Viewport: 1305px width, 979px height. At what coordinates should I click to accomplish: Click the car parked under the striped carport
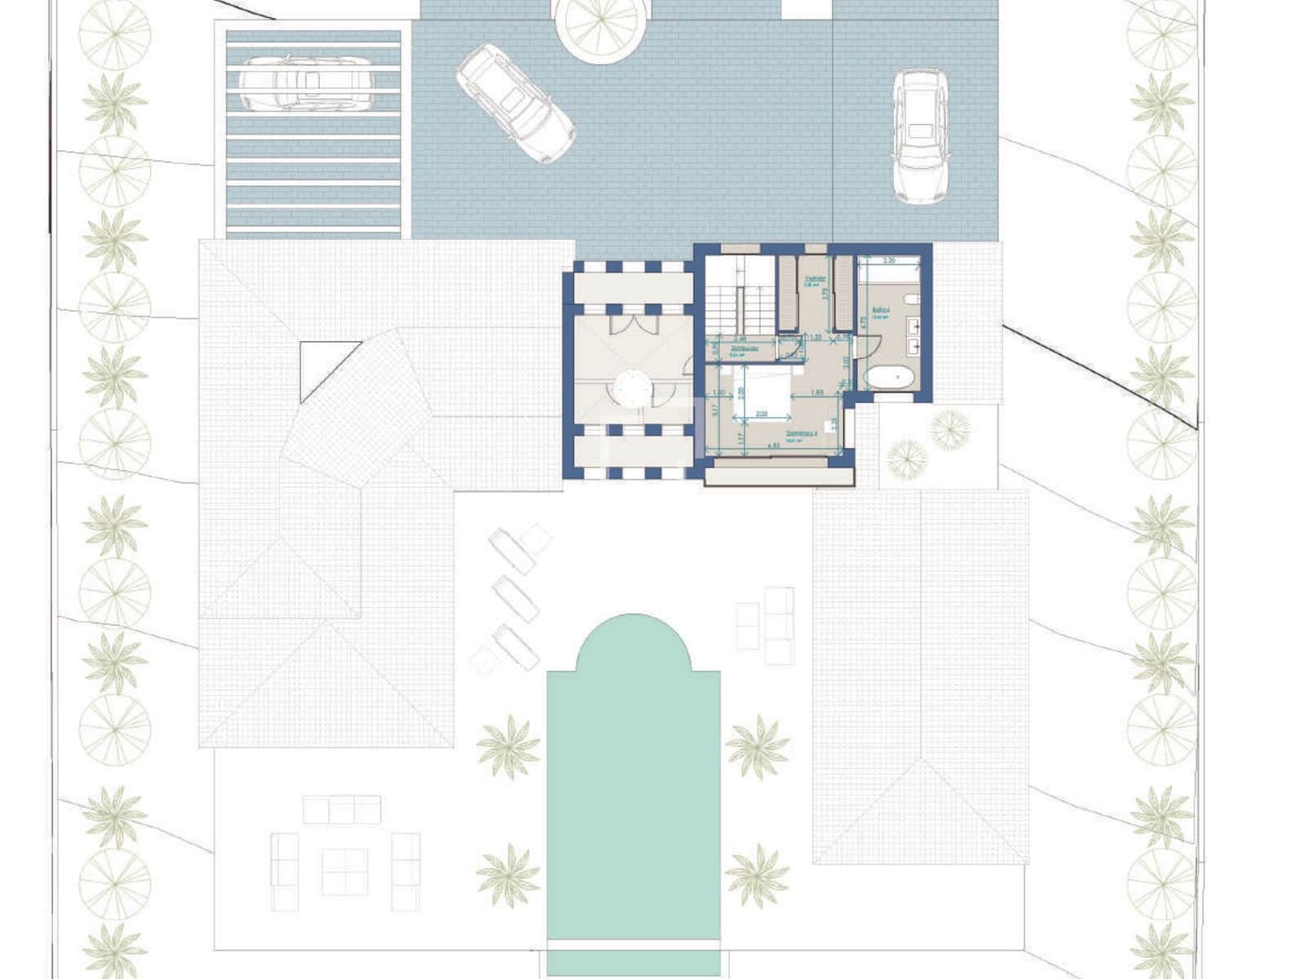point(306,82)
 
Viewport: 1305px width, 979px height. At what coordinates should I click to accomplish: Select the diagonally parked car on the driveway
point(515,103)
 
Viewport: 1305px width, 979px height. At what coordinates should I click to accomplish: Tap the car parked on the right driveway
point(920,135)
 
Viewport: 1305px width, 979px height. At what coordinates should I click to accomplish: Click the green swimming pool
point(634,783)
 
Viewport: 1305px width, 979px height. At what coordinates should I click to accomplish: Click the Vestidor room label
point(815,279)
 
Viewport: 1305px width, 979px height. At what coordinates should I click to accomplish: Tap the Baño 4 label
point(879,310)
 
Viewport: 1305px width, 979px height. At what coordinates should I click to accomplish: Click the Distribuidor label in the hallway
point(745,348)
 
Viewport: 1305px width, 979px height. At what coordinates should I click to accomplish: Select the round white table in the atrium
point(632,388)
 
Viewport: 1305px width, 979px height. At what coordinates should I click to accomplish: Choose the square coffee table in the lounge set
point(344,871)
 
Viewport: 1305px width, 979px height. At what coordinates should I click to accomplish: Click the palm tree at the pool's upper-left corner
point(508,746)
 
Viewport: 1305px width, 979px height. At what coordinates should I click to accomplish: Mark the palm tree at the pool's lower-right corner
point(757,875)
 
